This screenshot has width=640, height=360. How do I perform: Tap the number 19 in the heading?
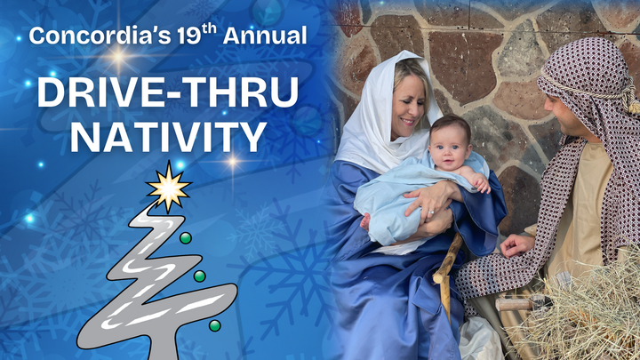tap(164, 37)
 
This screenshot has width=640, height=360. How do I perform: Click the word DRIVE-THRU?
tap(168, 93)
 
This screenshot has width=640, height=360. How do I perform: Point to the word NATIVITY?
tap(168, 137)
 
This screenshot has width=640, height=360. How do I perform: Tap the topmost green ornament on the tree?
tap(185, 238)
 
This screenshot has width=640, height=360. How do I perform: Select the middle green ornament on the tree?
tap(200, 276)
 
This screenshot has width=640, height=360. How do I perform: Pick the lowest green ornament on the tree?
tap(214, 325)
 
